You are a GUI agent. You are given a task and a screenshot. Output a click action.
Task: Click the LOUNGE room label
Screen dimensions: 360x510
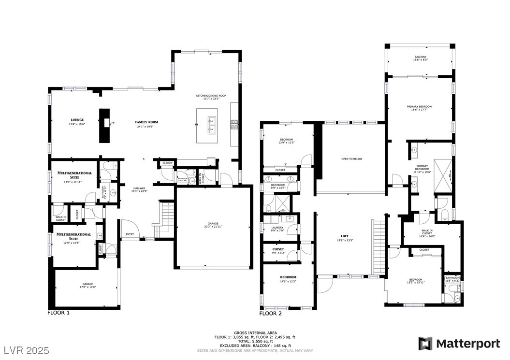77,120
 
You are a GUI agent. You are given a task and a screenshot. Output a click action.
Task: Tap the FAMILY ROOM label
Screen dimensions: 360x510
146,122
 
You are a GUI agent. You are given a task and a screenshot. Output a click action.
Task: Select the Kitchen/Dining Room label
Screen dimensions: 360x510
211,96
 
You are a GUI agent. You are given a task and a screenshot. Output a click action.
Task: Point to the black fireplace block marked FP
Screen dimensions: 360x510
104,125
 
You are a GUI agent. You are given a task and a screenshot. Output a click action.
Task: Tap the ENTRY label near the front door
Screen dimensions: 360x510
130,234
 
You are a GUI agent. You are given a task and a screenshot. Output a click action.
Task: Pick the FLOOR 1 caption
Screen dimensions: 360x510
58,313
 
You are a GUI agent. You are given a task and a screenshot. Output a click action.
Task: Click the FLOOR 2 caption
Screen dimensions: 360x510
271,313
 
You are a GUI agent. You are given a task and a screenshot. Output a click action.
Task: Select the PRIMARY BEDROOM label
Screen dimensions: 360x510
419,107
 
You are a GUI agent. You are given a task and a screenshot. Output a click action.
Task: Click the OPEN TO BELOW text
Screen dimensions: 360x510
351,158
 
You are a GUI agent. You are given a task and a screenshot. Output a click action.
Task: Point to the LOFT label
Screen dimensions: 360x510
345,236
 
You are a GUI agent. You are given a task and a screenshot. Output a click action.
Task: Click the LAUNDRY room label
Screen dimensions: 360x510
277,227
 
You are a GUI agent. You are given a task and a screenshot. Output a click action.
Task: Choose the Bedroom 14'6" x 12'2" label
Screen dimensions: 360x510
288,277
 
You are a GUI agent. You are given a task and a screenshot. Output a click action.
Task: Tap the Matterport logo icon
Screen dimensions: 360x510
425,344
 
